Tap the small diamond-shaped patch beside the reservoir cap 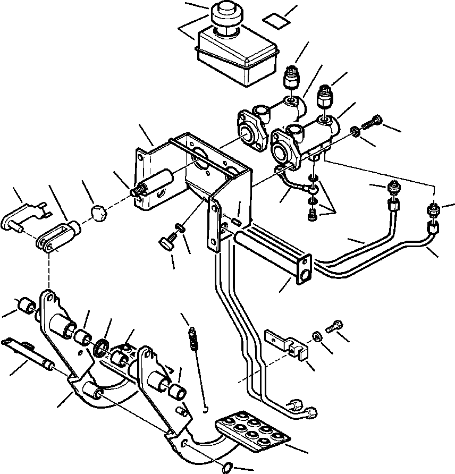coord(277,21)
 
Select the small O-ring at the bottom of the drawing coord(226,468)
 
